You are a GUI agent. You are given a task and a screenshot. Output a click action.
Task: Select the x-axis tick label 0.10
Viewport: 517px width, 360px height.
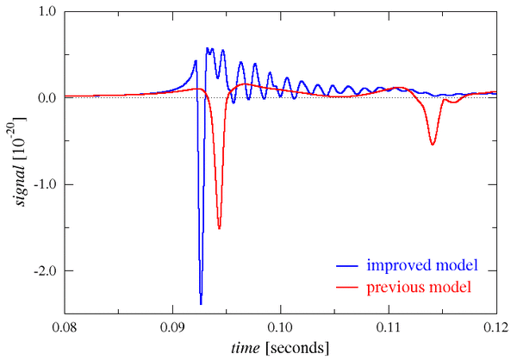pos(281,327)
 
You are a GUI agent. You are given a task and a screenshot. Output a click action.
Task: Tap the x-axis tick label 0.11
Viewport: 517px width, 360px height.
pos(389,327)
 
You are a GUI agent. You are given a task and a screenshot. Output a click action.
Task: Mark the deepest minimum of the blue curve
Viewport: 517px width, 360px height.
pos(201,303)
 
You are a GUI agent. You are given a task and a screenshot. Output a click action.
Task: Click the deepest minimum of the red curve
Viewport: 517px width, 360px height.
pos(219,228)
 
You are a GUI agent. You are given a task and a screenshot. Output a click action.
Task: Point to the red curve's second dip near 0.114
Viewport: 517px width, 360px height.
pos(433,144)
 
